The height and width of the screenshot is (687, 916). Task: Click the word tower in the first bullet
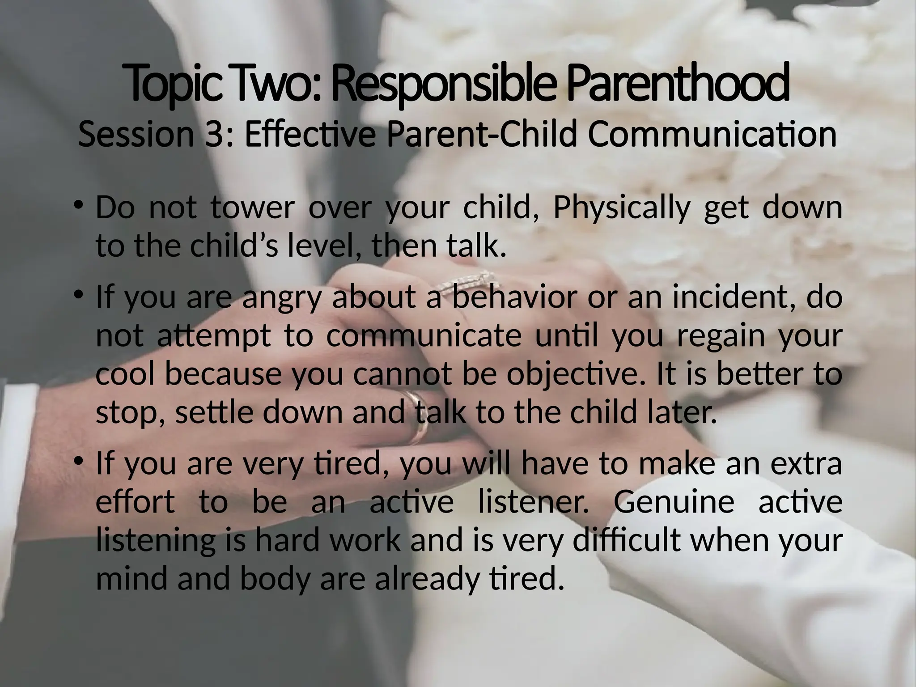click(252, 208)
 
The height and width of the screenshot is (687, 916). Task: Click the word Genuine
click(673, 502)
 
